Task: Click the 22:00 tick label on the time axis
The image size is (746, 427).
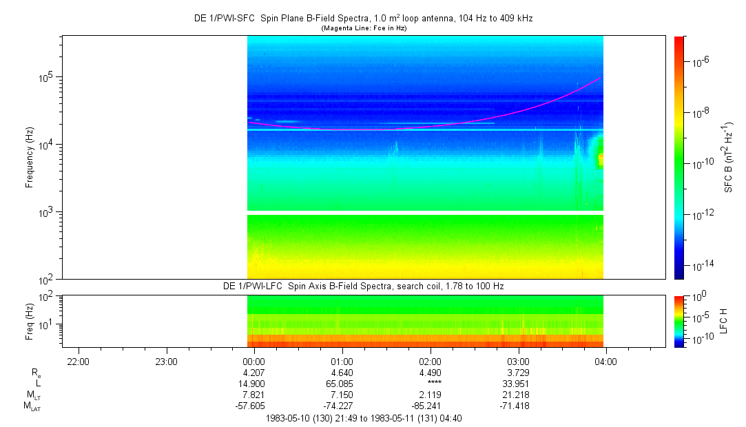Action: [79, 362]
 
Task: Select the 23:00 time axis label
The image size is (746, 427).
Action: [166, 362]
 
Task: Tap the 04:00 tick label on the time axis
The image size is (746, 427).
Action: [605, 362]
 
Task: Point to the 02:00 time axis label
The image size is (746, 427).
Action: [431, 362]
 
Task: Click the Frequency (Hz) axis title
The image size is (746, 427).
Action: [30, 157]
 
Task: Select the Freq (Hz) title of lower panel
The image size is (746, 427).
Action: [30, 321]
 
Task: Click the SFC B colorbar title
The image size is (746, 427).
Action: [729, 157]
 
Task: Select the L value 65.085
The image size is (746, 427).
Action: [342, 384]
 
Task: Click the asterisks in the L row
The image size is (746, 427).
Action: [431, 384]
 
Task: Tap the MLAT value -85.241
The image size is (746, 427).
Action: [431, 406]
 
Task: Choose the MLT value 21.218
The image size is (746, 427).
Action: [518, 395]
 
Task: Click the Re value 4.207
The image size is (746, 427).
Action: [254, 373]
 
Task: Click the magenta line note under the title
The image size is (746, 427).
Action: [363, 28]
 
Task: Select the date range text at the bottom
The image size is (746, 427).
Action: [363, 417]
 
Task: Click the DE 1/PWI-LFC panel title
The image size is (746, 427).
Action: [363, 286]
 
